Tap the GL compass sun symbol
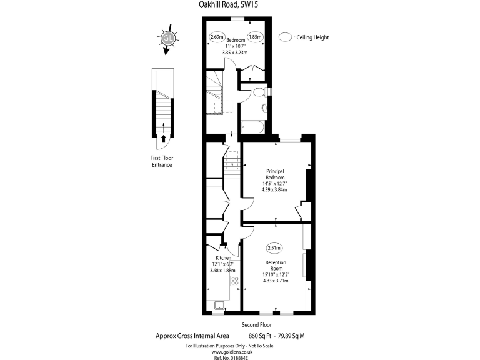(167, 38)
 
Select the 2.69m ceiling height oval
(217, 37)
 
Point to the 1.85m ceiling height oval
(255, 37)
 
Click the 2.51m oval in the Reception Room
(274, 247)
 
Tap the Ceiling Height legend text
(313, 37)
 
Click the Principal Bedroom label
(275, 174)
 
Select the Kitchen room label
(224, 258)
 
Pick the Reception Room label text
(276, 265)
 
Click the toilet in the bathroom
(260, 92)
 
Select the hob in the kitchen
(235, 281)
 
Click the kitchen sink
(220, 304)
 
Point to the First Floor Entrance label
(161, 162)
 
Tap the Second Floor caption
(256, 326)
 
